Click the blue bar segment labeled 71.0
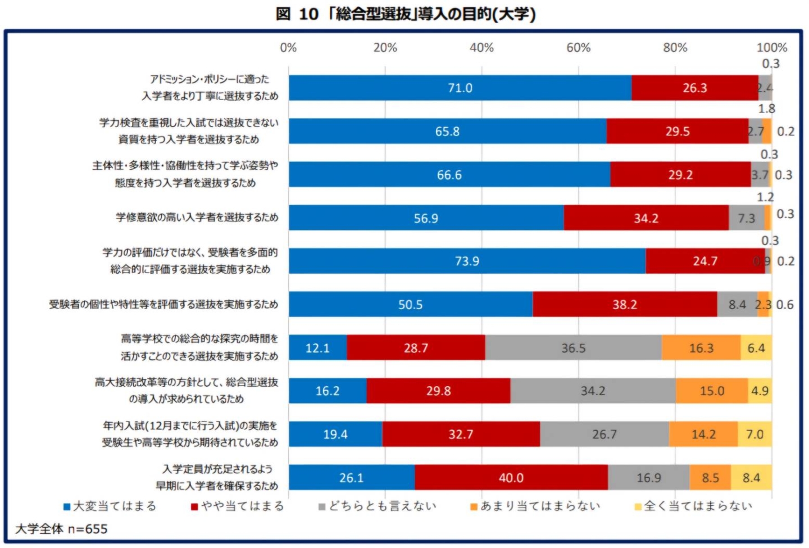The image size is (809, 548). click(460, 88)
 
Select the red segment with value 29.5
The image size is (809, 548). click(677, 131)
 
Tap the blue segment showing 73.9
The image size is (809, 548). click(467, 261)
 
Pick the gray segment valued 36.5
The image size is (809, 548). click(573, 348)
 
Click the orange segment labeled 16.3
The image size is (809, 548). click(701, 348)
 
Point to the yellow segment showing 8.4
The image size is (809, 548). click(751, 478)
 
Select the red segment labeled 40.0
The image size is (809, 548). click(511, 478)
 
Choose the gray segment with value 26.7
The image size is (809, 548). click(604, 434)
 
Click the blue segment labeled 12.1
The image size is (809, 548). click(317, 348)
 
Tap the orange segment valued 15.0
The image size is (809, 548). click(712, 391)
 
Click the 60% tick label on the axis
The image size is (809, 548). click(578, 48)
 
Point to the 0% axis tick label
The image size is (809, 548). click(288, 48)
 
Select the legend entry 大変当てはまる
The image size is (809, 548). click(110, 506)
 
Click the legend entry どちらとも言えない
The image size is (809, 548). click(378, 506)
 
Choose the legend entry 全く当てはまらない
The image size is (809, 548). click(693, 506)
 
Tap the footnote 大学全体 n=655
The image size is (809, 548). click(61, 529)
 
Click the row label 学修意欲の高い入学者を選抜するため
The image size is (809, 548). click(197, 218)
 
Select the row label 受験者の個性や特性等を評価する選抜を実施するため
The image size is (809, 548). click(163, 305)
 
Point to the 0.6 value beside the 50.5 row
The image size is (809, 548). click(785, 305)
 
